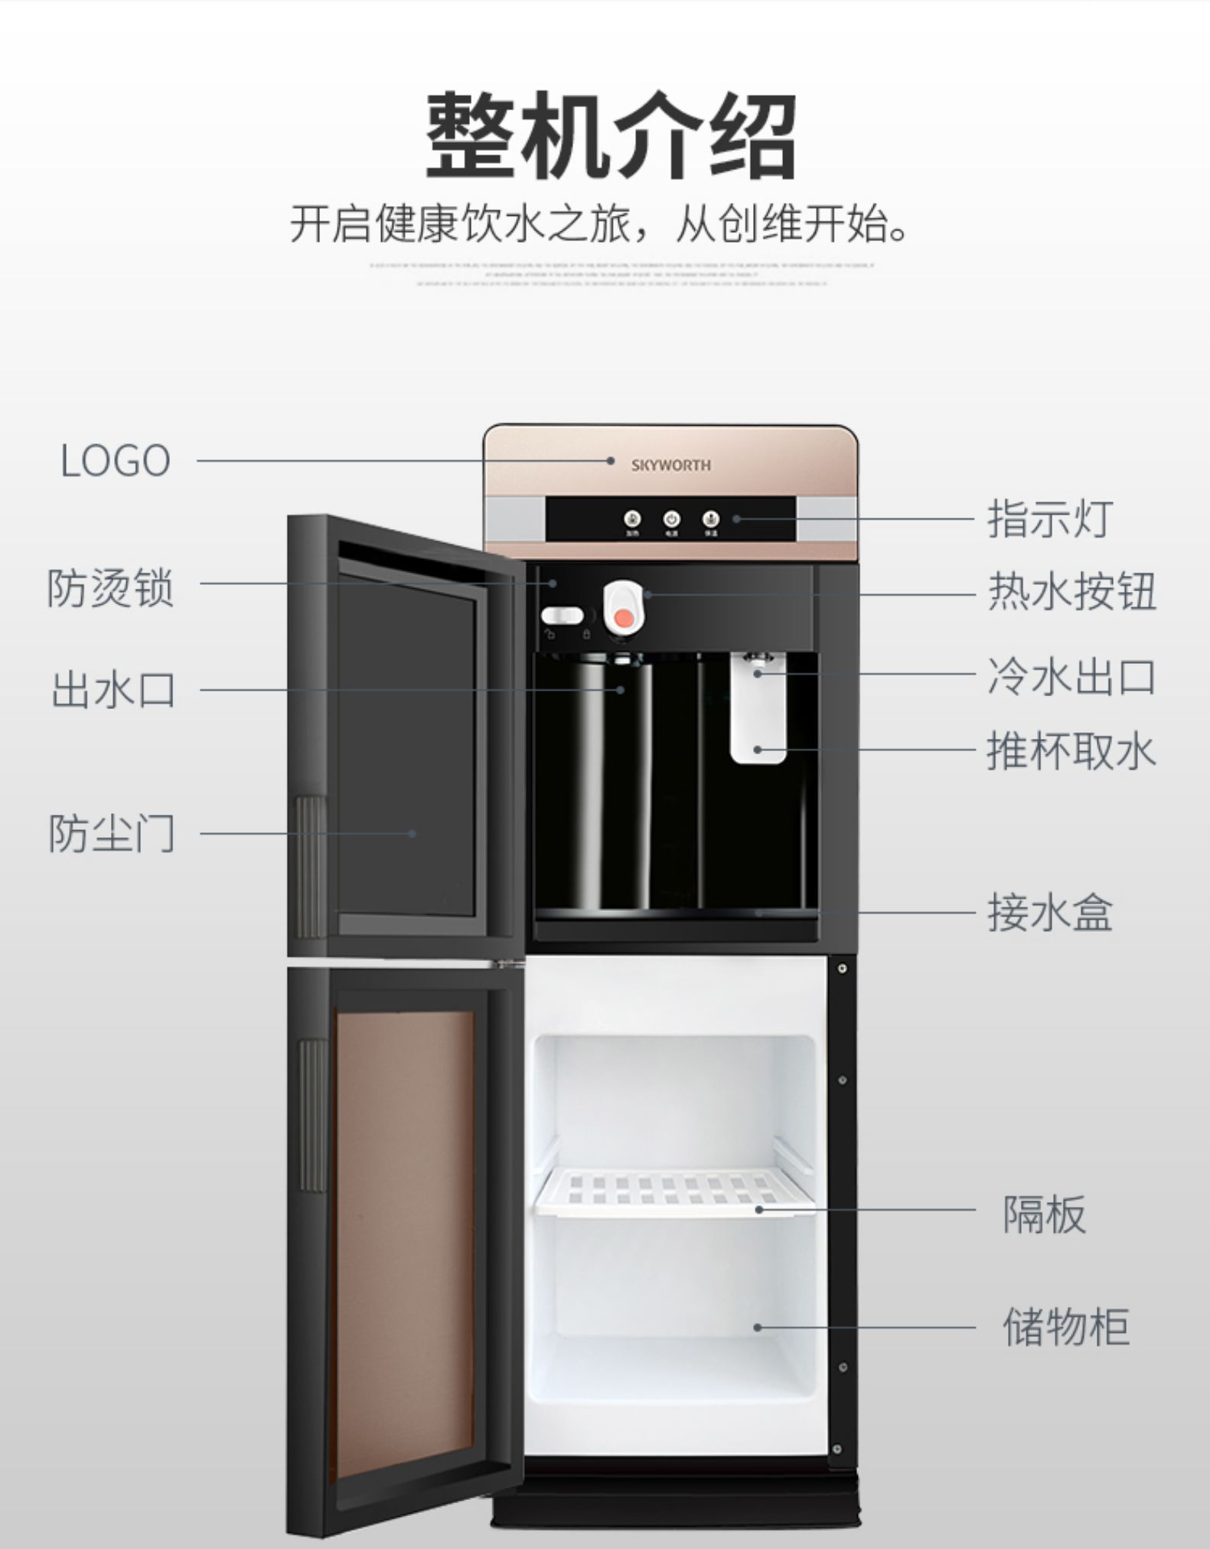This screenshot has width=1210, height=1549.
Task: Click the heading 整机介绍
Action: [611, 135]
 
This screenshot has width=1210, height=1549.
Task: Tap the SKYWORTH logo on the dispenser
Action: [670, 465]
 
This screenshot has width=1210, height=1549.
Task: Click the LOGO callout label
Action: [115, 461]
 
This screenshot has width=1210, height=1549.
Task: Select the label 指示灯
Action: [1049, 518]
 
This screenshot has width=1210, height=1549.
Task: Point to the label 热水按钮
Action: [1071, 592]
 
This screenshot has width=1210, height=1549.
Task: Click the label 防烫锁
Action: [111, 588]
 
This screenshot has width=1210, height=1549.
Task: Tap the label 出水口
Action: [113, 689]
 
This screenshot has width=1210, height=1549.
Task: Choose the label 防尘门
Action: [112, 833]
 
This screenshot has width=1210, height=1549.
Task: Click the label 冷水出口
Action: [1071, 678]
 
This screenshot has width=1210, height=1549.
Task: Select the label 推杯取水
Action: [1071, 750]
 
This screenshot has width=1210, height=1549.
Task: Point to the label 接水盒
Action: [1049, 913]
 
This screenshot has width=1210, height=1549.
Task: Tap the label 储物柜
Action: [1065, 1327]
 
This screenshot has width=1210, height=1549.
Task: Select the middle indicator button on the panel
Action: [671, 519]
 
